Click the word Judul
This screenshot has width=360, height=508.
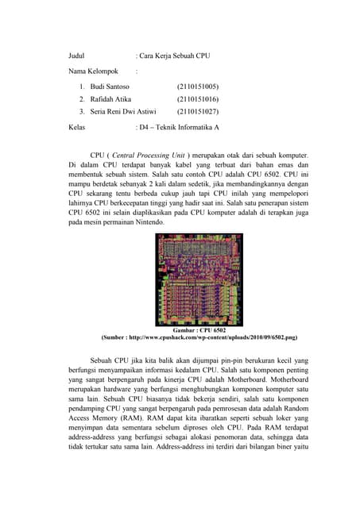coord(76,56)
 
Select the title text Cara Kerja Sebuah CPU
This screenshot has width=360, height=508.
coord(175,56)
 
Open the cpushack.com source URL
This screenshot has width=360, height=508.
coord(212,337)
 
